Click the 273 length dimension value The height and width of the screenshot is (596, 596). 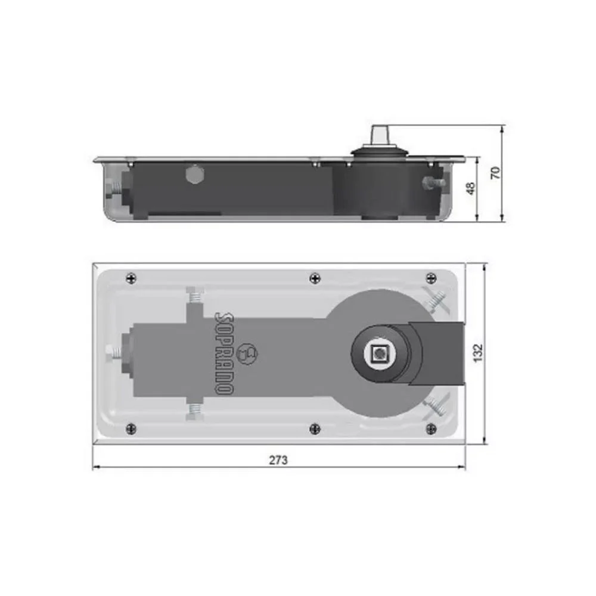(278, 460)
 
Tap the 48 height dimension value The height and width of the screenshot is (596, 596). (470, 189)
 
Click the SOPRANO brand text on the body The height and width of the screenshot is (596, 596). (223, 352)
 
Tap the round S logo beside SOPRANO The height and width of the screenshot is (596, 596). (246, 353)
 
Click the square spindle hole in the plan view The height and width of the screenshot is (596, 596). (378, 354)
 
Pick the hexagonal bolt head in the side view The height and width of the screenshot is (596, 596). (194, 176)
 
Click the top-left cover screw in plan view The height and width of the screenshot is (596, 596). (132, 277)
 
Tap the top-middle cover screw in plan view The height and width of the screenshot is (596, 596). (315, 277)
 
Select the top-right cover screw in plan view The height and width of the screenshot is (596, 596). (432, 277)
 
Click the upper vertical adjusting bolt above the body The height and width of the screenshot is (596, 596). (195, 295)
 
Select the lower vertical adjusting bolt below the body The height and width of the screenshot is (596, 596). (195, 411)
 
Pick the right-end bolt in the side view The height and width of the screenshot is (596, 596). (432, 182)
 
